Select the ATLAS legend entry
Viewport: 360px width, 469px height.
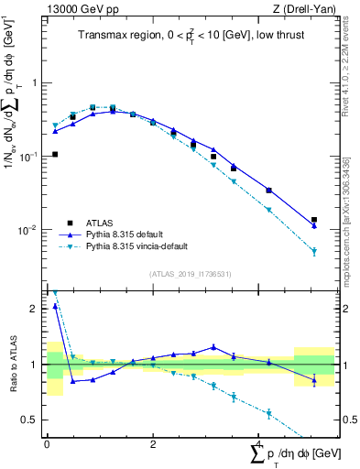pos(100,224)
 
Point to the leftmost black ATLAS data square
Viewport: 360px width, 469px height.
pos(55,154)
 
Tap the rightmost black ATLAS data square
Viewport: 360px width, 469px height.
pos(314,220)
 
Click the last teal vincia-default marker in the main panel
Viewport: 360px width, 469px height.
pos(314,252)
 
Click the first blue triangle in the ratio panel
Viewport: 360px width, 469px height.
pos(55,307)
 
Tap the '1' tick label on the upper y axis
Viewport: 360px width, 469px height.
pos(35,82)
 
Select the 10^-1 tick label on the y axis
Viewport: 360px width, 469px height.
pos(31,157)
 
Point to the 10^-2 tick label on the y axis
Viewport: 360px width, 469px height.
pos(31,230)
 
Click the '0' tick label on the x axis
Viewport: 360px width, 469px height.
pos(46,444)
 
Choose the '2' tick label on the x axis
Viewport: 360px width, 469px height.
pos(152,444)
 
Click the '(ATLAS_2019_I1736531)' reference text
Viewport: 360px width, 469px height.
pos(190,274)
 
